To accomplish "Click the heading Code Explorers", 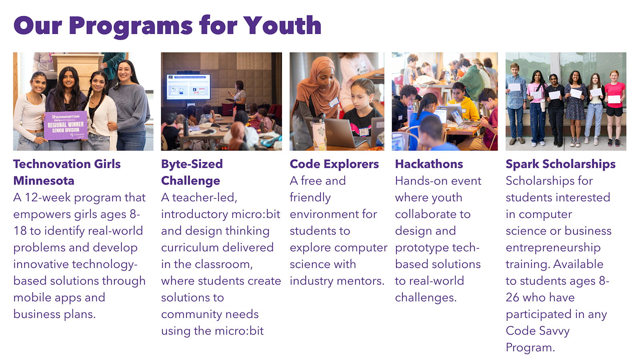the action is pyautogui.click(x=334, y=164).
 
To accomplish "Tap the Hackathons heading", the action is pyautogui.click(x=429, y=164).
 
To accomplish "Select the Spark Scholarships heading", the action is pyautogui.click(x=560, y=164).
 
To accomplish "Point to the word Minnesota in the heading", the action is pyautogui.click(x=44, y=181).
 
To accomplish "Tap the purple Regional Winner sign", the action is pyautogui.click(x=66, y=126).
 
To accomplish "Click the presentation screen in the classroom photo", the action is pyautogui.click(x=188, y=86).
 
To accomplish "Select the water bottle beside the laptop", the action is pyautogui.click(x=320, y=132).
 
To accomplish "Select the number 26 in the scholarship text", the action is pyautogui.click(x=512, y=298).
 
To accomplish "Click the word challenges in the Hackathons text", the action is pyautogui.click(x=426, y=298).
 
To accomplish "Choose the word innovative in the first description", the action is pyautogui.click(x=41, y=264).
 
